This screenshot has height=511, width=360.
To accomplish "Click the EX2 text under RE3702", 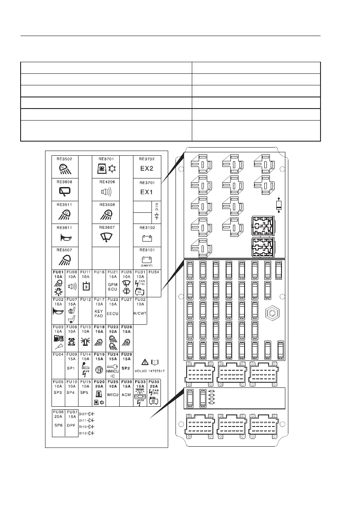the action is point(147,168).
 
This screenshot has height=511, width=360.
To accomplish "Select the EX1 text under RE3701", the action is point(147,191).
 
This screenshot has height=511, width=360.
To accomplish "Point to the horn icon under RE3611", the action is point(65,237).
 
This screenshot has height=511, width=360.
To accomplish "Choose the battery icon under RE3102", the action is point(147,237).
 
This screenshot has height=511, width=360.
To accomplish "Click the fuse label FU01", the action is point(58,272).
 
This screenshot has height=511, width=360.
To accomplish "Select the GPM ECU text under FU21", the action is point(112,287).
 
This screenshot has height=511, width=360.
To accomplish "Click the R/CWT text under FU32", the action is point(140,313).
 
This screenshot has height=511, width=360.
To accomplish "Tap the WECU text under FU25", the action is point(112,393).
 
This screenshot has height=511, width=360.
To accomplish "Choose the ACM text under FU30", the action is point(126,393).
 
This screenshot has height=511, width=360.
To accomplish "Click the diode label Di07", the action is point(82,414).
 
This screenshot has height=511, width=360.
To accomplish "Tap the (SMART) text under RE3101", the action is point(147,266).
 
